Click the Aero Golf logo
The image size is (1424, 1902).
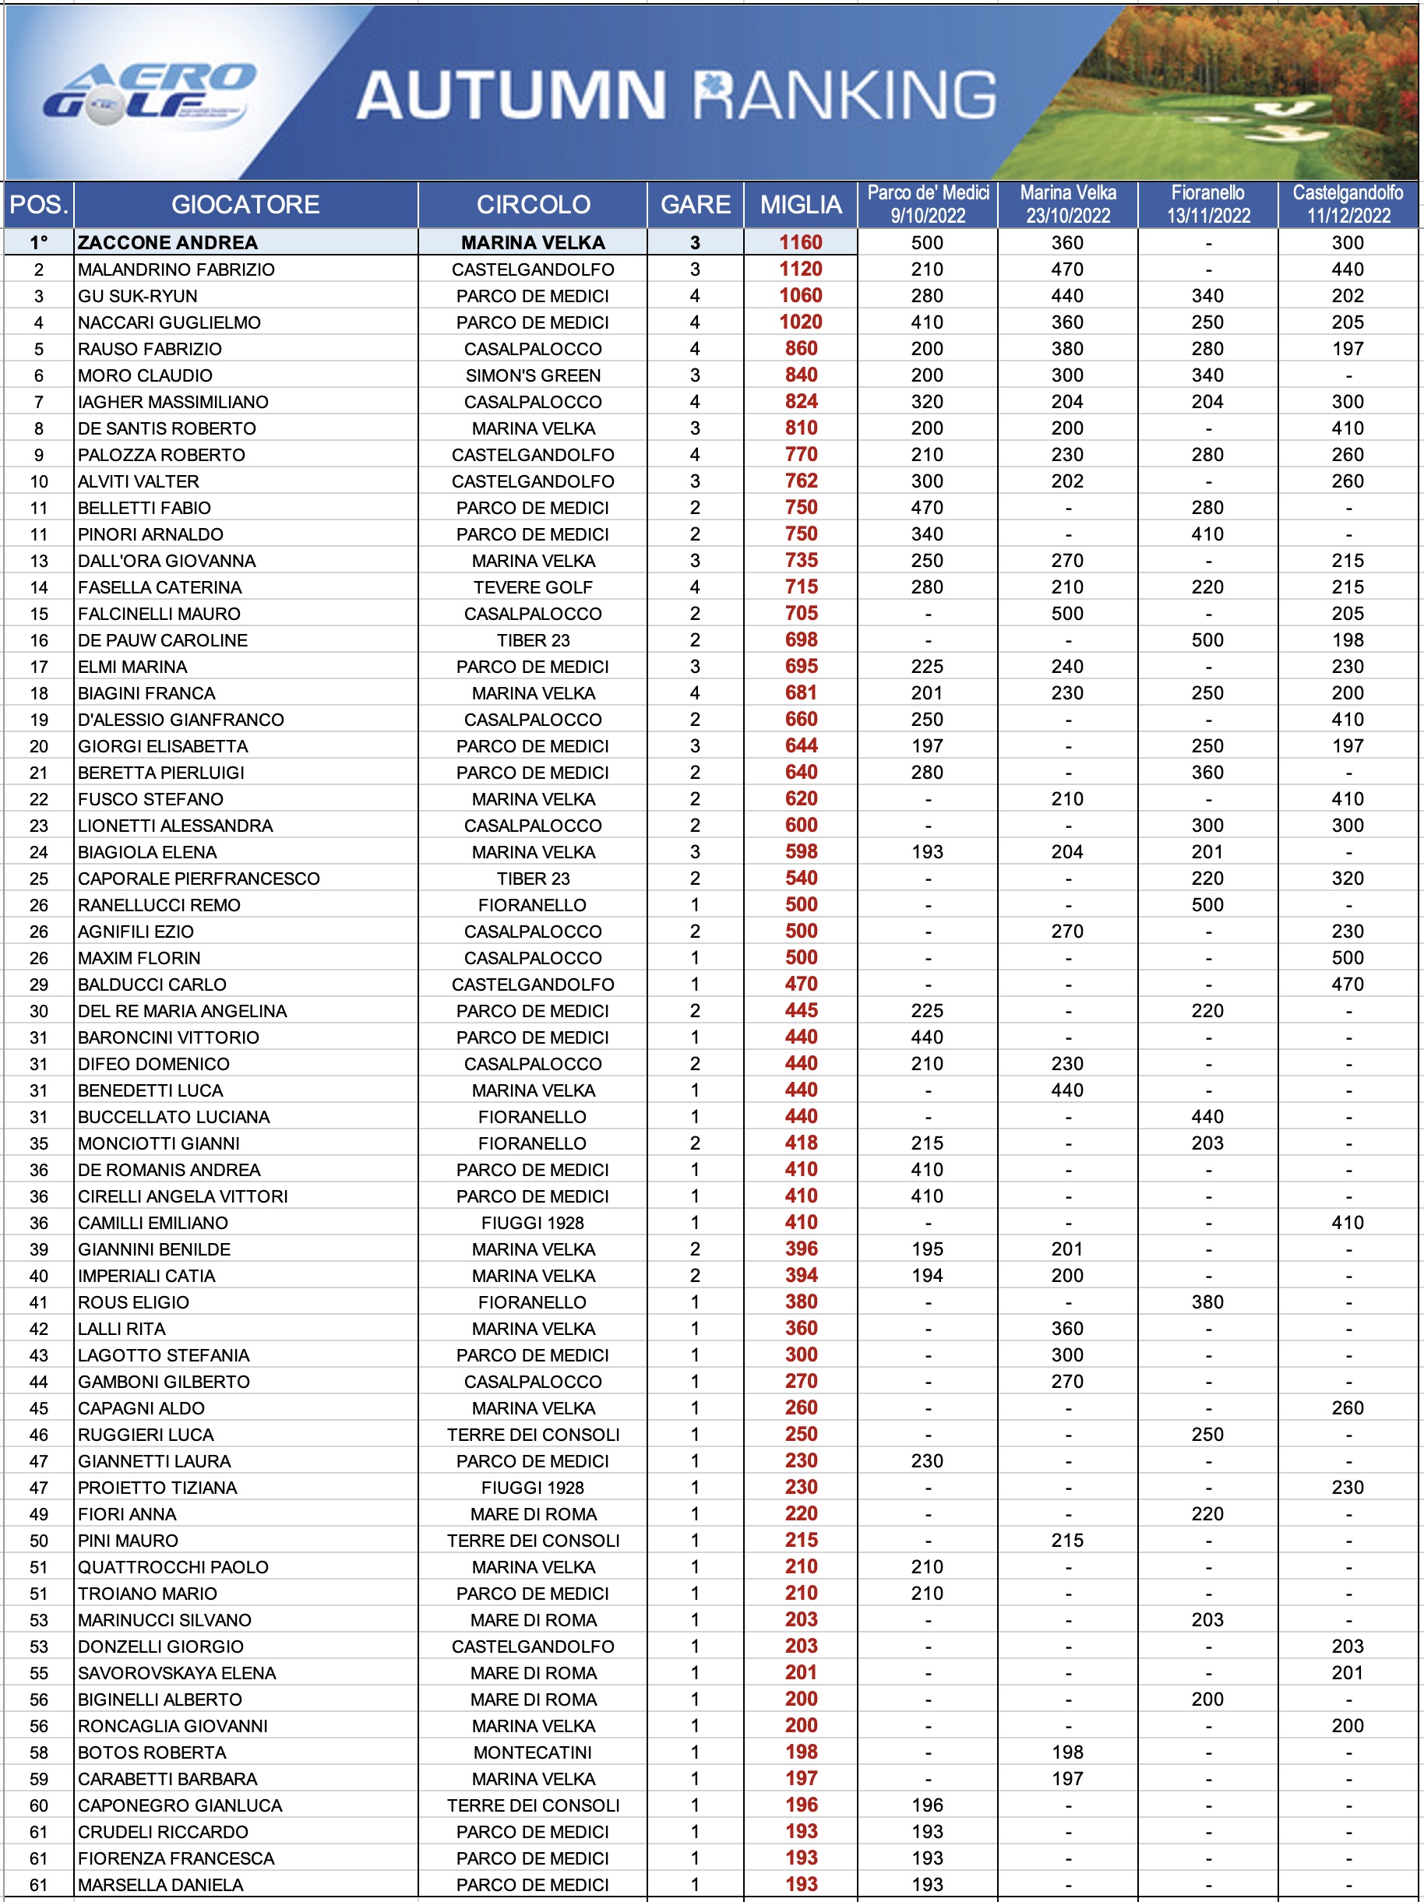click(x=150, y=94)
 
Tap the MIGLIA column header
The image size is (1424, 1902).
click(x=801, y=205)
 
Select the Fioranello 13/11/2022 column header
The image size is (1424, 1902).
click(x=1207, y=205)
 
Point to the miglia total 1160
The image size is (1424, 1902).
click(x=801, y=243)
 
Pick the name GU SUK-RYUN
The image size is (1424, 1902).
click(x=138, y=297)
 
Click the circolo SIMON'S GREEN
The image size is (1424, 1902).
click(x=533, y=375)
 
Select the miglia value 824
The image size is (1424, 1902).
click(x=801, y=402)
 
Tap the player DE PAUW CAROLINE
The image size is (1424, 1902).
click(x=163, y=640)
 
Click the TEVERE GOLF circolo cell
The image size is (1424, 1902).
click(x=533, y=587)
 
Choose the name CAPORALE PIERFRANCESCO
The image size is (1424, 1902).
click(x=199, y=879)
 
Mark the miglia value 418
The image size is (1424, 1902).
click(x=801, y=1143)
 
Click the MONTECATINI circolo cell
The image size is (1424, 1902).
click(x=533, y=1752)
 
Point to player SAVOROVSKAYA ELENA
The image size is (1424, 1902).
click(x=177, y=1673)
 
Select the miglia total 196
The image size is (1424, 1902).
click(x=801, y=1805)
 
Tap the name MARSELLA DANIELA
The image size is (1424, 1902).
click(x=160, y=1885)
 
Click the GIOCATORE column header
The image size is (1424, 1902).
click(x=245, y=205)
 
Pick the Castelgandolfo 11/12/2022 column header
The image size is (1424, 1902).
click(x=1348, y=205)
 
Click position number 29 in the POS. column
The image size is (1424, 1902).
click(x=39, y=984)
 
